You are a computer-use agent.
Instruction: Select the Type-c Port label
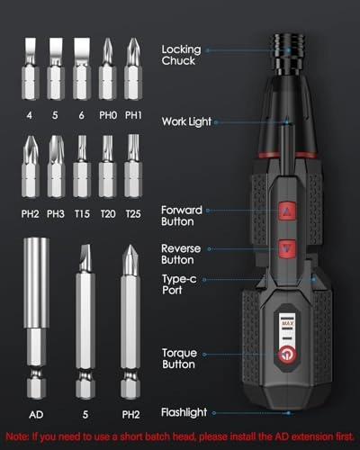[179, 285]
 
